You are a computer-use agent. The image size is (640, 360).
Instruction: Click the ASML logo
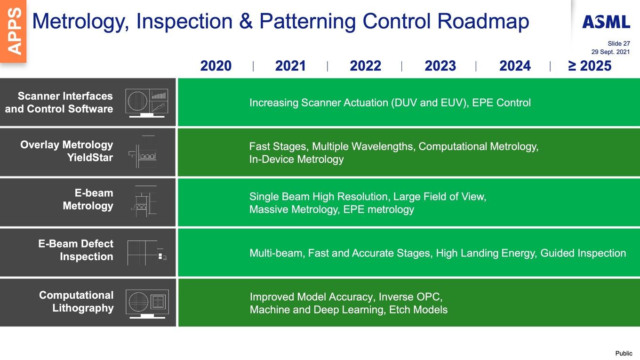pyautogui.click(x=606, y=22)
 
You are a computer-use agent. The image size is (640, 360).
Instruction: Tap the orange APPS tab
pyautogui.click(x=14, y=31)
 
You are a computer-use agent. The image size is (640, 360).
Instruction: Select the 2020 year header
pyautogui.click(x=216, y=66)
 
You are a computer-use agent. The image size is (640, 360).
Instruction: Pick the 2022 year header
pyautogui.click(x=366, y=66)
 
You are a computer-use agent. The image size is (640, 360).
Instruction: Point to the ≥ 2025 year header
pyautogui.click(x=590, y=66)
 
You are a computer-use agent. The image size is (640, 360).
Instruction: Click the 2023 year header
pyautogui.click(x=440, y=66)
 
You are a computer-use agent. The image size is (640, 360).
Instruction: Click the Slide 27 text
pyautogui.click(x=619, y=43)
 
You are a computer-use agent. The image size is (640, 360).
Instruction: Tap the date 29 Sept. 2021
pyautogui.click(x=610, y=52)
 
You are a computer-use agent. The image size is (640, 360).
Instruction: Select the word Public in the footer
pyautogui.click(x=624, y=353)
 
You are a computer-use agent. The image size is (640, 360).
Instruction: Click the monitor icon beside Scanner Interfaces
pyautogui.click(x=146, y=103)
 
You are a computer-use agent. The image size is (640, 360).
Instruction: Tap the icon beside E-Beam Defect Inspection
pyautogui.click(x=147, y=253)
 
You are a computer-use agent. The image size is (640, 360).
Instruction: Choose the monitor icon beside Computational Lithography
pyautogui.click(x=147, y=304)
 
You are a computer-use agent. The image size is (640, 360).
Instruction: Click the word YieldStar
pyautogui.click(x=90, y=158)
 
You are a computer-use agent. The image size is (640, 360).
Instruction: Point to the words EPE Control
pyautogui.click(x=502, y=103)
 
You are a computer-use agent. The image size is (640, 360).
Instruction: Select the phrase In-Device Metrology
pyautogui.click(x=296, y=159)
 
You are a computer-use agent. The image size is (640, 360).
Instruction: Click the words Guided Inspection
pyautogui.click(x=583, y=253)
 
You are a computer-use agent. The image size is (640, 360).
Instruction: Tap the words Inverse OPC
pyautogui.click(x=410, y=297)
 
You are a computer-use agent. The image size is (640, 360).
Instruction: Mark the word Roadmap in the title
pyautogui.click(x=483, y=22)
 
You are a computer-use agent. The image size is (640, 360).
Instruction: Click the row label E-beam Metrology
pyautogui.click(x=88, y=200)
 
